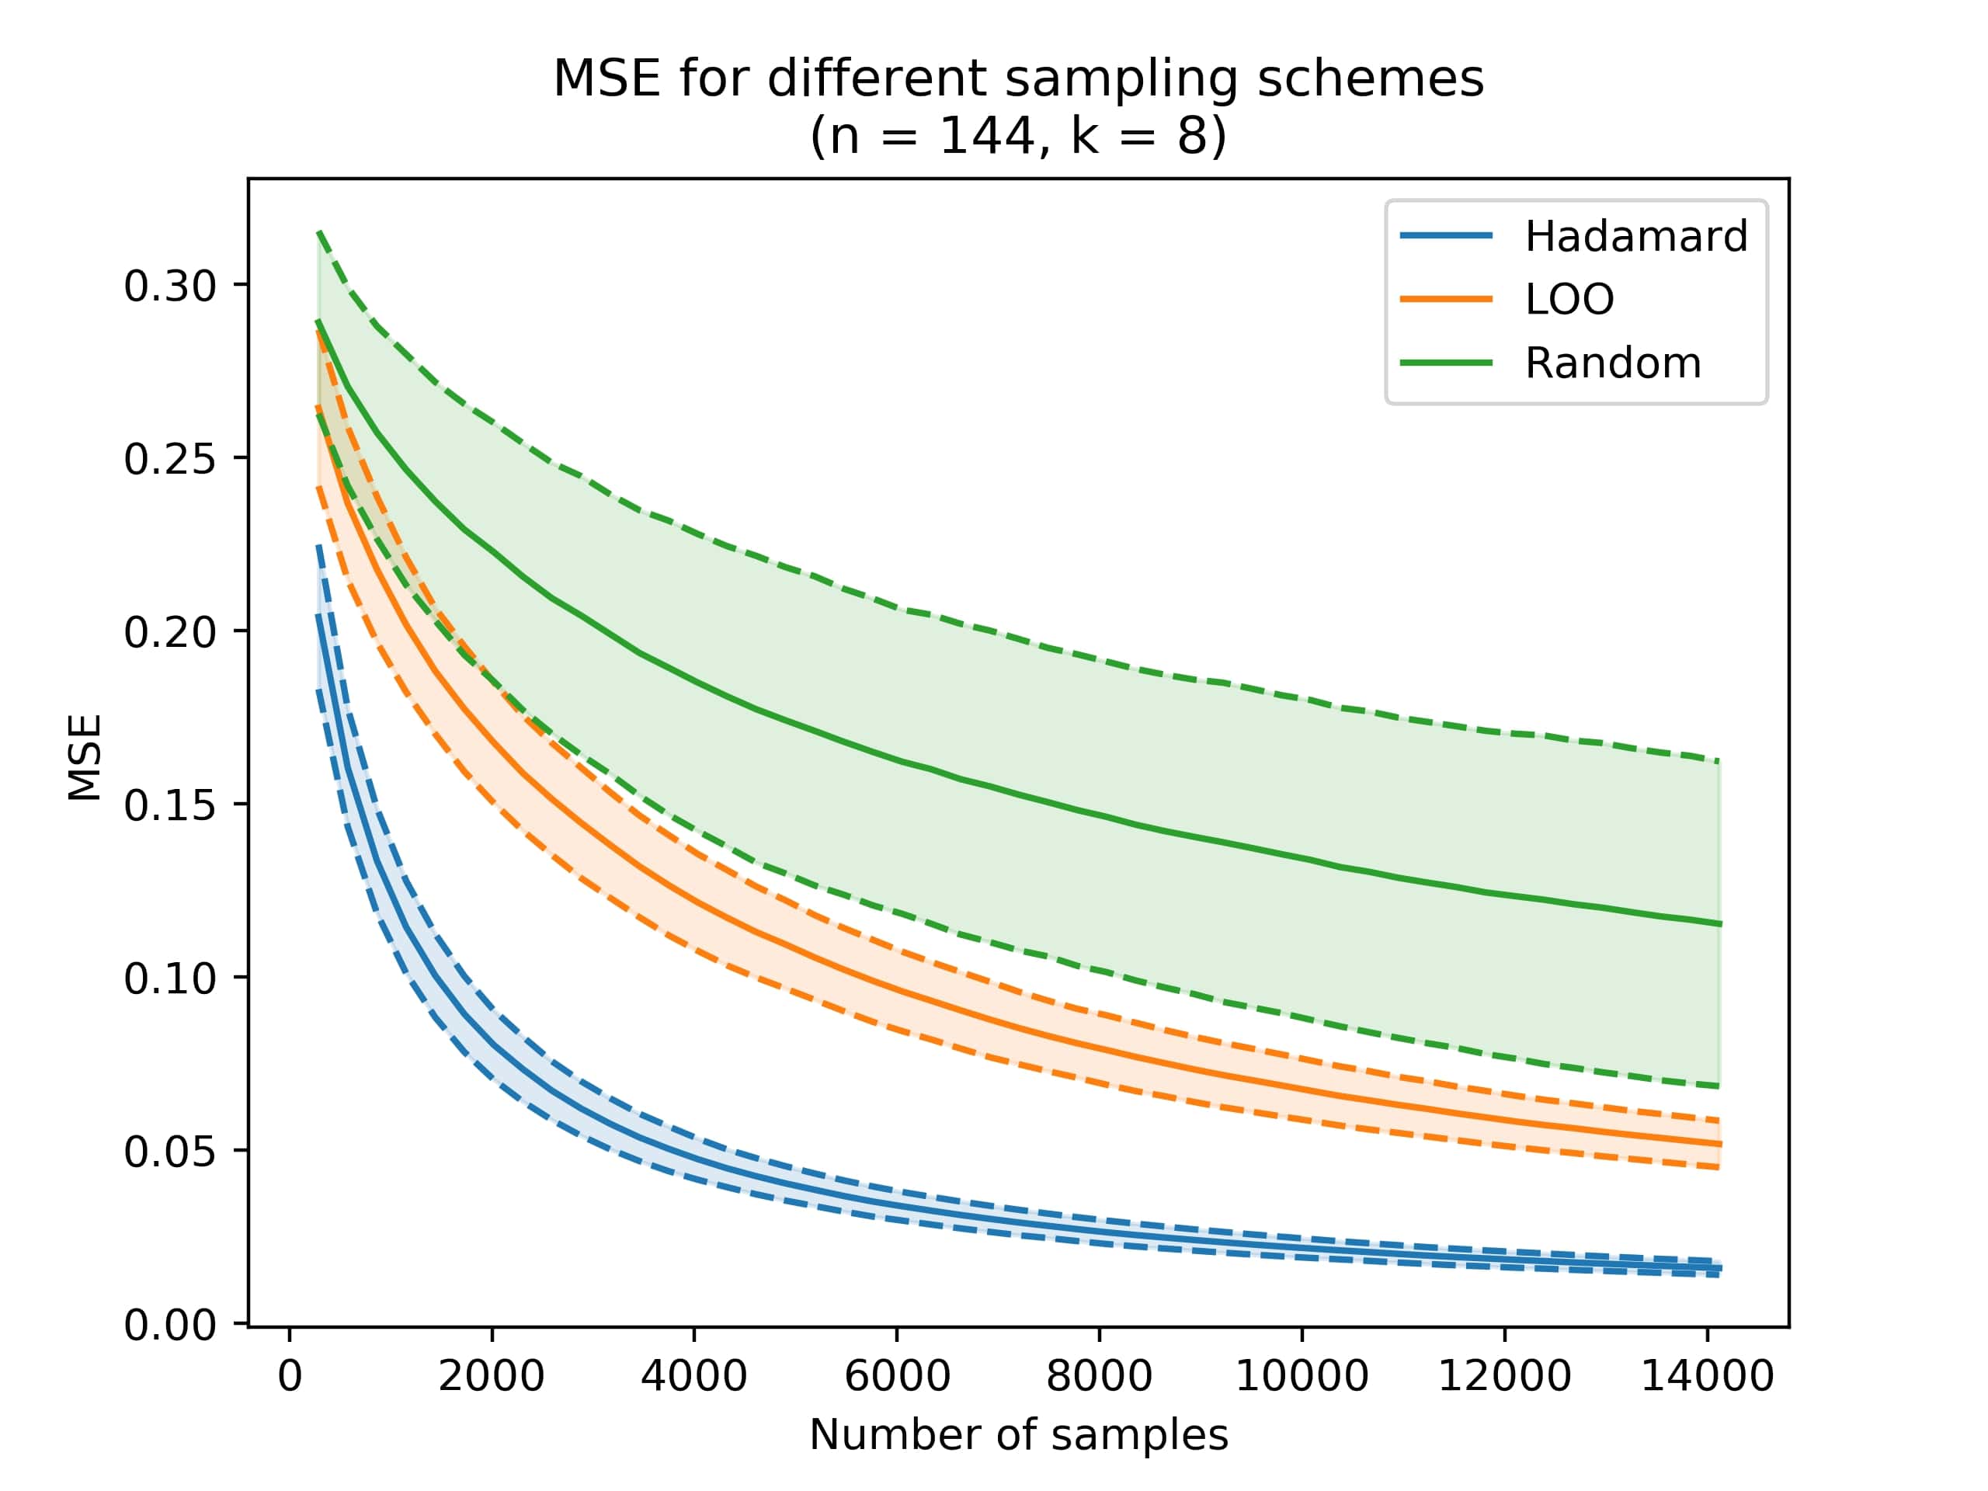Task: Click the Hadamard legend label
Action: (1635, 236)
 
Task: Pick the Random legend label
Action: (1612, 363)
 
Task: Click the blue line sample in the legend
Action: (1446, 236)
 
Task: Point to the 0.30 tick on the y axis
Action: (170, 287)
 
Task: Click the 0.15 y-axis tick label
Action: (170, 806)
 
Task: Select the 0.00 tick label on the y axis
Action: (170, 1325)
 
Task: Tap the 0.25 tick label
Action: (170, 459)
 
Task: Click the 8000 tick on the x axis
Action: (1099, 1376)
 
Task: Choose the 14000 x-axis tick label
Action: (1707, 1376)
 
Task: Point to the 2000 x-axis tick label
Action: (492, 1376)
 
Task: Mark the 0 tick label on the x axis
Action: (290, 1376)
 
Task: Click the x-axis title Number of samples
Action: (1018, 1435)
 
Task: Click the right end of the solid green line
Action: (1719, 923)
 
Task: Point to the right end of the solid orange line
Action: (1719, 1144)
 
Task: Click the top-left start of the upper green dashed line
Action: (319, 233)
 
